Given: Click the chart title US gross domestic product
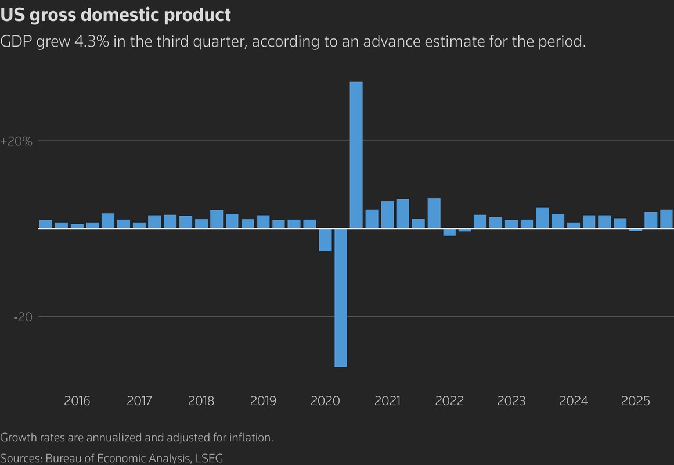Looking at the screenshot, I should coord(116,15).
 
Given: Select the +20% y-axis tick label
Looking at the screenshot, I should coord(16,141).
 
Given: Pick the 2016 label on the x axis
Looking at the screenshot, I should coord(77,401).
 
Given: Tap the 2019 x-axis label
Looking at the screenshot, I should coord(263,401).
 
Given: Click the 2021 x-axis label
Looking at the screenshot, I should coord(387,401).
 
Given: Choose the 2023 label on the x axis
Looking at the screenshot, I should coord(511,401).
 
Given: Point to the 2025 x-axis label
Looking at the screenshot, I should coord(636,401).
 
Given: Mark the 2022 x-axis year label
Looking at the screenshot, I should coord(449,401).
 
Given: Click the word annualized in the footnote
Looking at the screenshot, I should coord(111,437).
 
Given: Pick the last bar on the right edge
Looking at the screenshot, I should coord(666,219).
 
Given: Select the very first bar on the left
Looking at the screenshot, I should coord(46,224).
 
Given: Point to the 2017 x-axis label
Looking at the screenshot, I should coord(139,401).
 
